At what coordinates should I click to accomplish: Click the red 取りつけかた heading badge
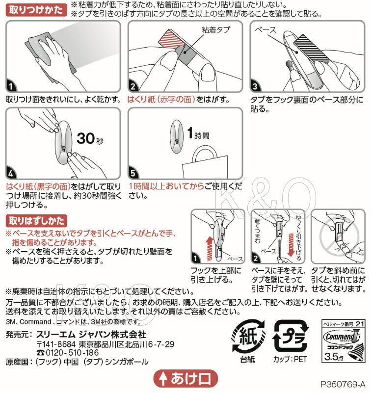click(36, 10)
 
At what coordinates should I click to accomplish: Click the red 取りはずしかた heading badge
click(36, 221)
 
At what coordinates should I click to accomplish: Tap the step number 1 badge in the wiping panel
click(10, 86)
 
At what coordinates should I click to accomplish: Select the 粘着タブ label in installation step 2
click(216, 30)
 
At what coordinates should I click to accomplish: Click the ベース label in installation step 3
click(266, 30)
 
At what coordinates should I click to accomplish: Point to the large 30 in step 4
click(86, 138)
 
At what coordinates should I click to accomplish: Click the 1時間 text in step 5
click(198, 133)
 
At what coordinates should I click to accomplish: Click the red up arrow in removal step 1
click(210, 249)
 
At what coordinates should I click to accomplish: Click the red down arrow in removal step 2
click(291, 245)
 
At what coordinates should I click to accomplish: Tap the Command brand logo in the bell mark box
click(342, 337)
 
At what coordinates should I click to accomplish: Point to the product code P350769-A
click(343, 384)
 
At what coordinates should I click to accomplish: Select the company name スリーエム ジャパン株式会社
click(91, 334)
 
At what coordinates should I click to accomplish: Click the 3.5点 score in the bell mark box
click(334, 356)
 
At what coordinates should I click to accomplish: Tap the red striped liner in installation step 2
click(171, 38)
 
